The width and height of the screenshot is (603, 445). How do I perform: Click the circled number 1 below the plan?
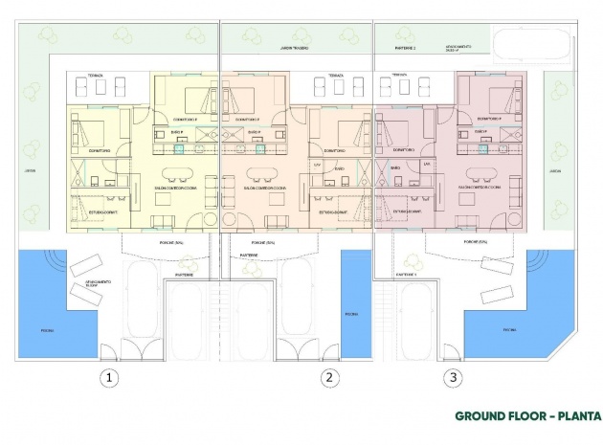coord(111,378)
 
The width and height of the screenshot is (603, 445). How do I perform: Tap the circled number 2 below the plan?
coord(329,378)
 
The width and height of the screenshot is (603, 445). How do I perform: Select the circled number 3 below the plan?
coord(452,378)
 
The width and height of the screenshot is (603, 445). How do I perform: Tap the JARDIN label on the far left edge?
coord(30,171)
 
